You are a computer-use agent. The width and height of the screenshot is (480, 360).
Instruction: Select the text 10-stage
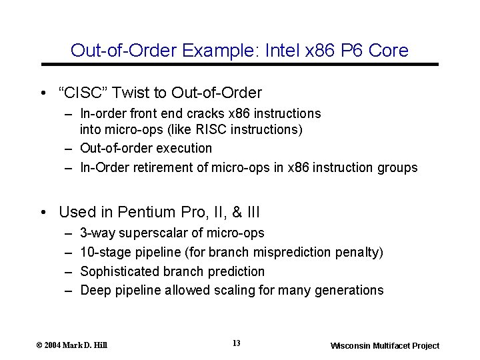[104, 252]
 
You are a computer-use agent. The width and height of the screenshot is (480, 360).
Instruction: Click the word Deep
[94, 290]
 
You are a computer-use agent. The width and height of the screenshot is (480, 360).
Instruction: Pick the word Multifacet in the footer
[389, 345]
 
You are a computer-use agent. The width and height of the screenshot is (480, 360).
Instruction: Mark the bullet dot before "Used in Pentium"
[43, 213]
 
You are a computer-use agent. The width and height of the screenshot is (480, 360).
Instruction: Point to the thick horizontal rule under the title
[240, 64]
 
